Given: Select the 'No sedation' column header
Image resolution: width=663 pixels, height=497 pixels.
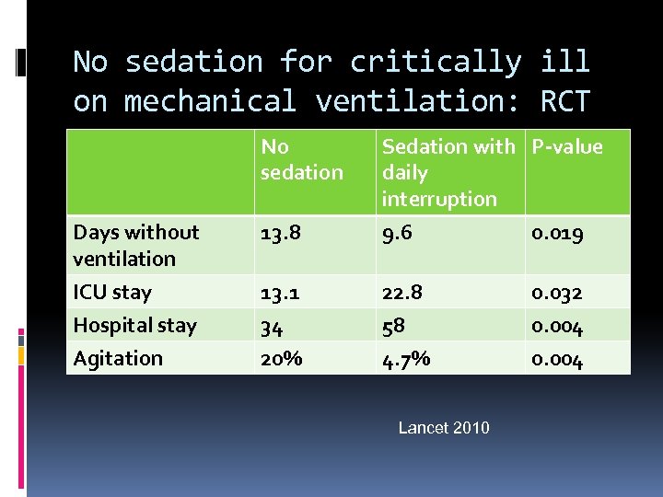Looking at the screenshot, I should pos(301,159).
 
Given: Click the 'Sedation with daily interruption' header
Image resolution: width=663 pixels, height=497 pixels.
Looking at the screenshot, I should pos(448,172).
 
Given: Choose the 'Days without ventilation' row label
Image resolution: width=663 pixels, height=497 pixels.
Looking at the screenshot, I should pos(136,245).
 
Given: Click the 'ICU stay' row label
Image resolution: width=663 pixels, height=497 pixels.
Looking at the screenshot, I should pos(112,293).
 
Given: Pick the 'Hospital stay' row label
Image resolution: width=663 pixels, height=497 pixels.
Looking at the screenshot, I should pos(134,325).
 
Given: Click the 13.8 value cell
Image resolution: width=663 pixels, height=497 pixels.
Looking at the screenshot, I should pos(282,234).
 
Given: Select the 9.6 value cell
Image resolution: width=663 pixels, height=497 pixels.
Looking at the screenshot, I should pos(399,234).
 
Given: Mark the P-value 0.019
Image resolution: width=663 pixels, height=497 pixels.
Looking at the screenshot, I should pos(556,234).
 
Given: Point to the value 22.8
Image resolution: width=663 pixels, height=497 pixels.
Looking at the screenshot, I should pos(402,294).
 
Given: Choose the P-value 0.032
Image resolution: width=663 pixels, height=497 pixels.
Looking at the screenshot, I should pos(556,294).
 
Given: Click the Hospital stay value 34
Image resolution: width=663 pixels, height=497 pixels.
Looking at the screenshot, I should pos(272,327).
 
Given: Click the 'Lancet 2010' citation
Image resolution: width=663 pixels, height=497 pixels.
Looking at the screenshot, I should pos(444,427).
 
